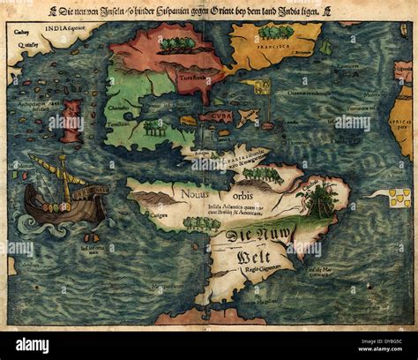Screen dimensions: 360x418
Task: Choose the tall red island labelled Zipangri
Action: [71, 120]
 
